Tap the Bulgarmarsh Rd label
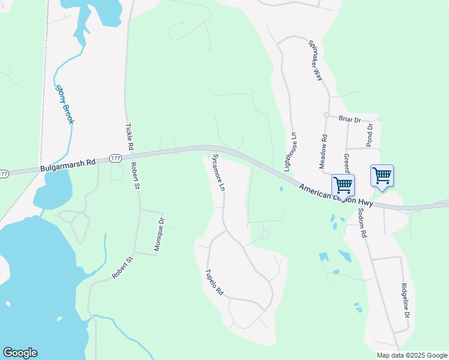click(x=68, y=165)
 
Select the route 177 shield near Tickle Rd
click(x=116, y=159)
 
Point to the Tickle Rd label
click(x=130, y=137)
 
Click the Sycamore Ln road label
click(x=218, y=173)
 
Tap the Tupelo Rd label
click(x=214, y=281)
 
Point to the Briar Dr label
click(x=349, y=119)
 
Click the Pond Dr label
click(x=370, y=136)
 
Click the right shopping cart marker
click(x=382, y=175)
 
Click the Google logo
click(x=20, y=353)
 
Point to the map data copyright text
click(x=411, y=355)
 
